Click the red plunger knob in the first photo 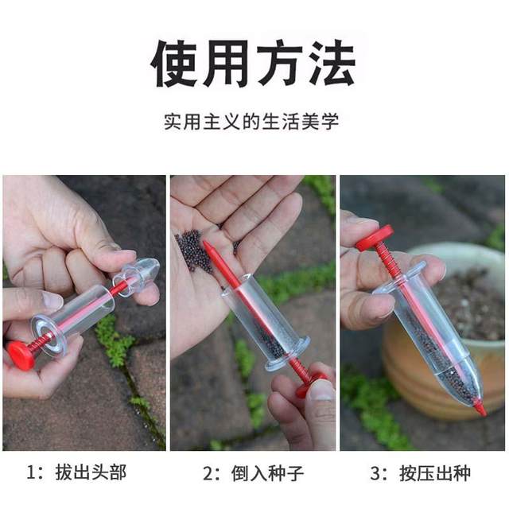[x=20, y=355]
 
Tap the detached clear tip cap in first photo [x=137, y=274]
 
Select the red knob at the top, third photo [x=374, y=237]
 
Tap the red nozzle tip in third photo [x=480, y=408]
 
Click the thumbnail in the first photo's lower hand [x=52, y=300]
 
